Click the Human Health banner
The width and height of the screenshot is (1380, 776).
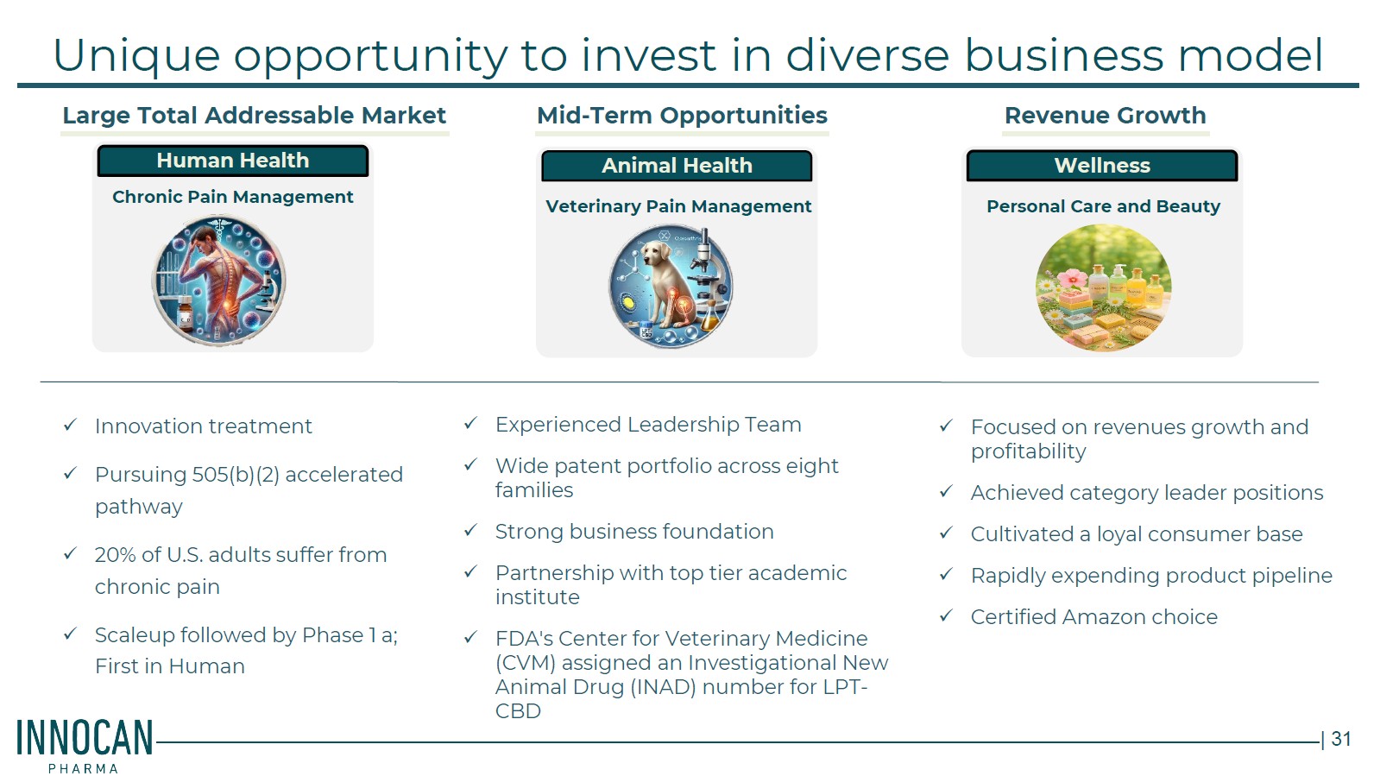[233, 161]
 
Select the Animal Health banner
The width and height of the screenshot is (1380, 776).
[677, 166]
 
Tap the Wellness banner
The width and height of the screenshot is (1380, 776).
[1102, 166]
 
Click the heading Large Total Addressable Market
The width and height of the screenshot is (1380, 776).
[254, 116]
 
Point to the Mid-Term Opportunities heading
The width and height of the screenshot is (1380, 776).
[682, 116]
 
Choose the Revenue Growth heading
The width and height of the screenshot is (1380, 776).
[1106, 116]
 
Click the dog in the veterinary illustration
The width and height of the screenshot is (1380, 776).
[667, 283]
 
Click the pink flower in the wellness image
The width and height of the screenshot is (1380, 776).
[1073, 279]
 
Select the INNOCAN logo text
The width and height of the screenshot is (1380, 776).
[85, 738]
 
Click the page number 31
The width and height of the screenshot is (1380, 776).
[1341, 738]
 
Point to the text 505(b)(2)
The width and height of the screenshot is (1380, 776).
[236, 476]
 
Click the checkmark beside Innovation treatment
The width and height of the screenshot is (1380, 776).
[70, 425]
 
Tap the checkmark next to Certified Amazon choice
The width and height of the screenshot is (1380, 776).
[946, 615]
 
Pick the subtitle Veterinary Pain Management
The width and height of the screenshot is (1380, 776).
[678, 206]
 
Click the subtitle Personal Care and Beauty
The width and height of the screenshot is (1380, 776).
[1103, 206]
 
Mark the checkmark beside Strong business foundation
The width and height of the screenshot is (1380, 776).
[470, 530]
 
